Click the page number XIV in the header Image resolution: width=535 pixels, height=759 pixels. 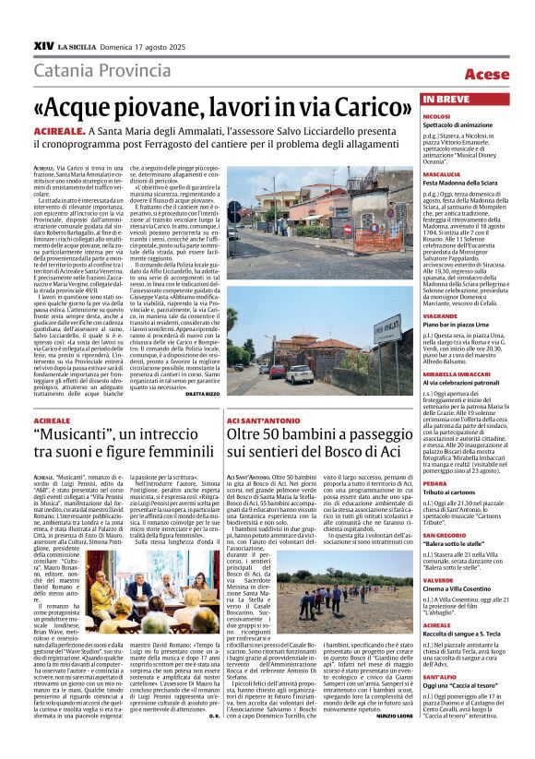[x=42, y=43]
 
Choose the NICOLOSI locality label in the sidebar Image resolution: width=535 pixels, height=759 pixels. [x=436, y=117]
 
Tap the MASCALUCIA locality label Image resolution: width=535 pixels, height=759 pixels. [x=441, y=173]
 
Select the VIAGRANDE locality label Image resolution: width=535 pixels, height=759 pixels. [x=440, y=315]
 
